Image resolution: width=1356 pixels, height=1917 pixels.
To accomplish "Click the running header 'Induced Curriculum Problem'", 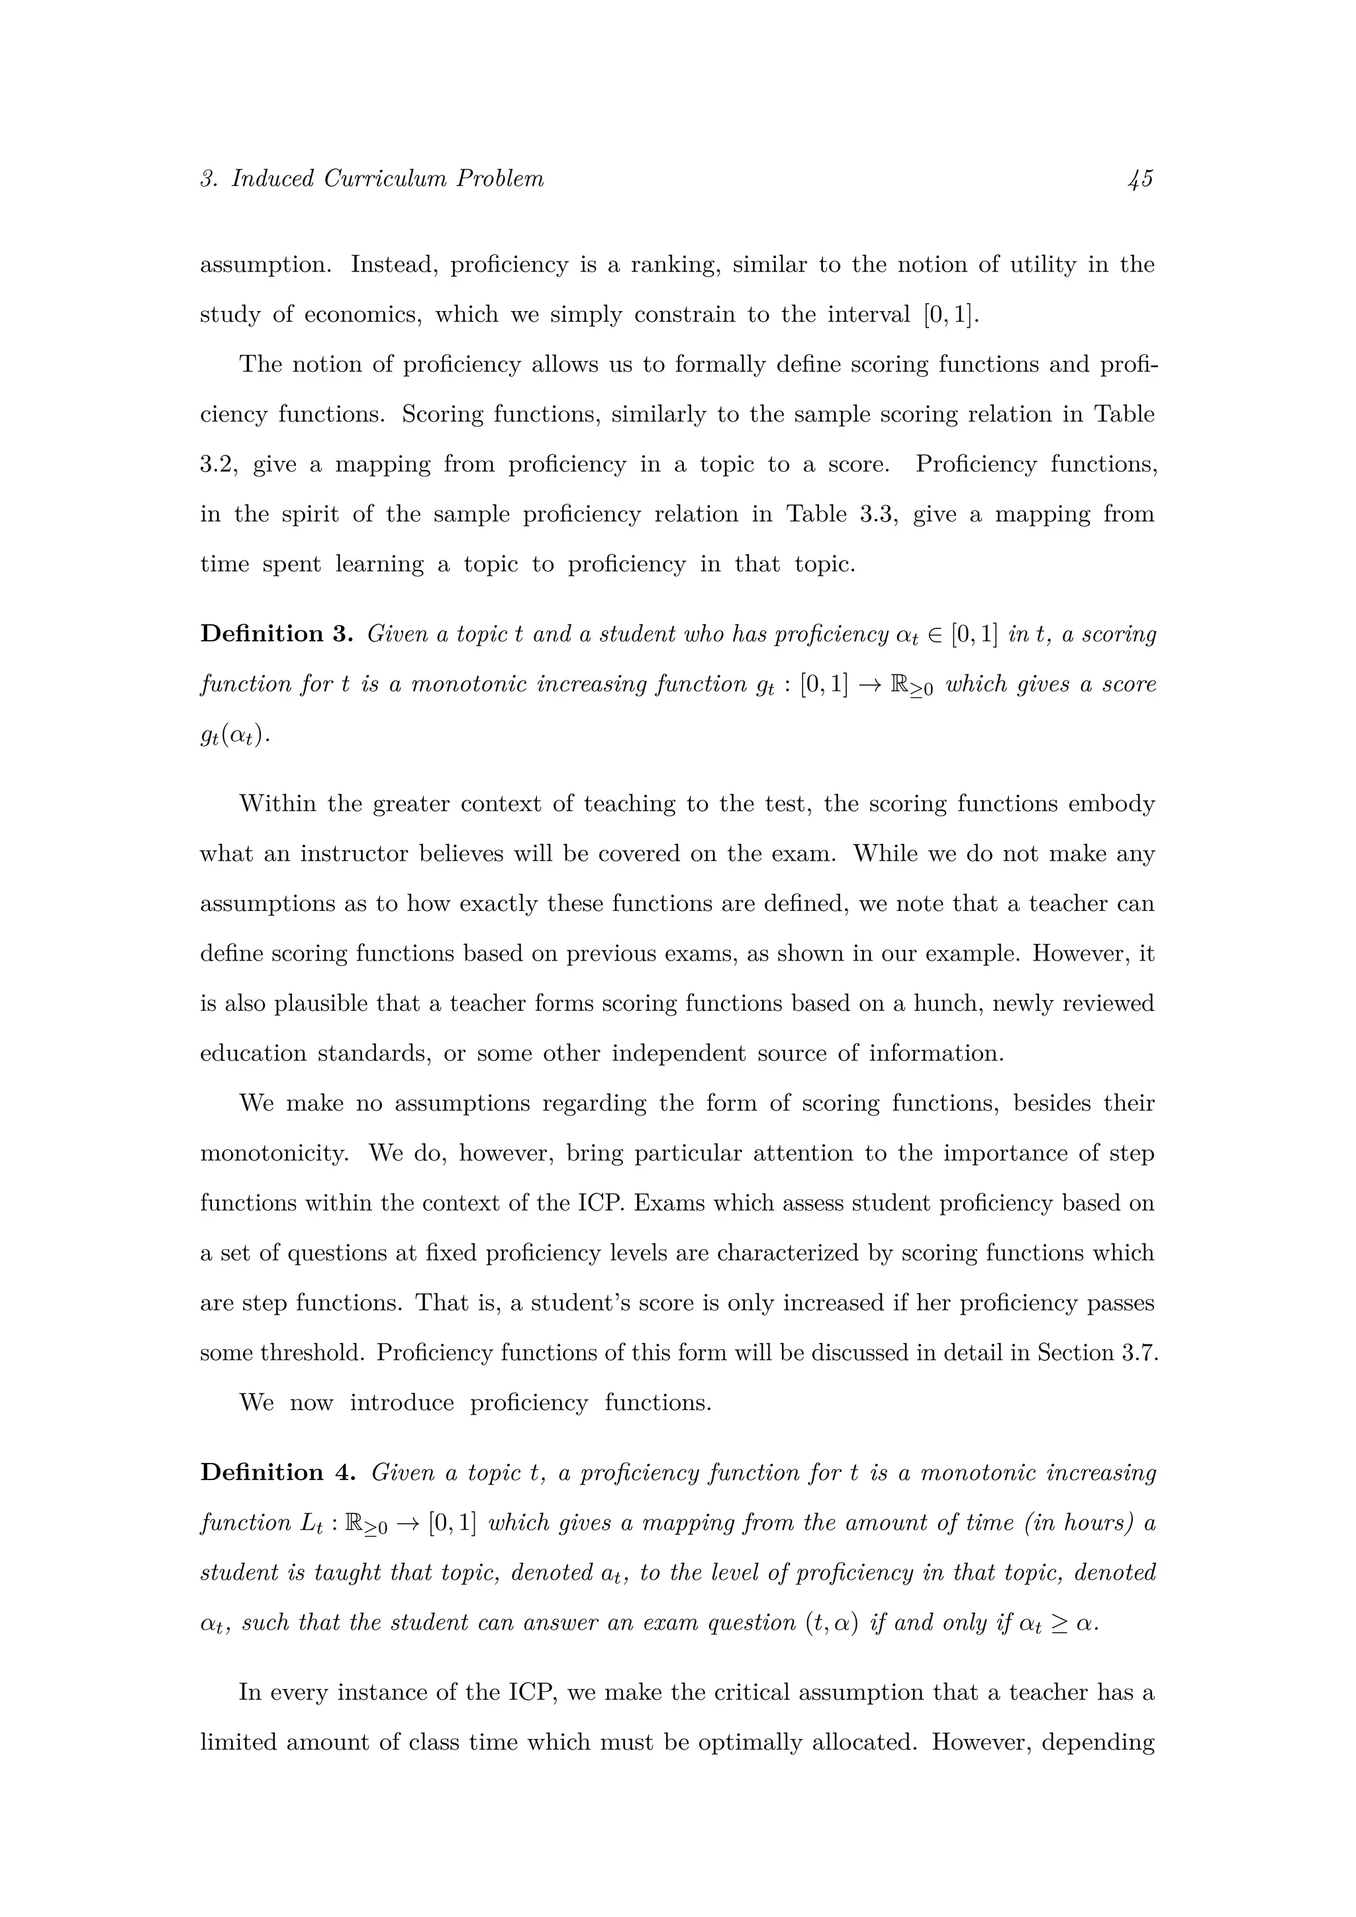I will pos(387,179).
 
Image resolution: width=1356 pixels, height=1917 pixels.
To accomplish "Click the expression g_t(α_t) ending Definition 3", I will pos(234,735).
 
